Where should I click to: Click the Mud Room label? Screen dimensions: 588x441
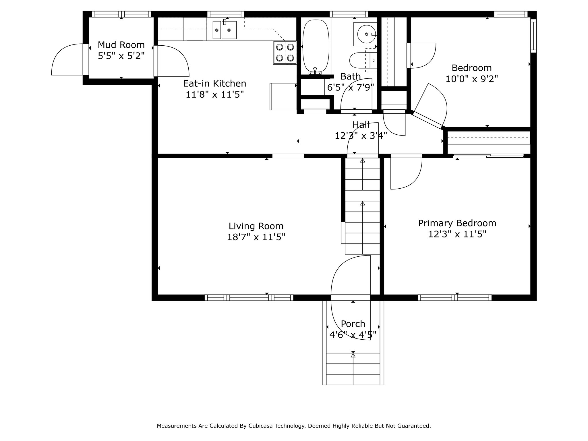pos(121,45)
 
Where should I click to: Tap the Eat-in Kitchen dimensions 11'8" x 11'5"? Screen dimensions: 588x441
pos(215,94)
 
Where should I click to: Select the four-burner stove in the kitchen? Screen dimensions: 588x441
pos(285,53)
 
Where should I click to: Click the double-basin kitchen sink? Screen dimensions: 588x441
pos(225,30)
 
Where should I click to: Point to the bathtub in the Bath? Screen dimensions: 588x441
pos(316,46)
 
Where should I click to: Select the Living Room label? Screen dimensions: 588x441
pos(256,226)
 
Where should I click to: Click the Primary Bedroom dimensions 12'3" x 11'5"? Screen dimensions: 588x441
pos(457,234)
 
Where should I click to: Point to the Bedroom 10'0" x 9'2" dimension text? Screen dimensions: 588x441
pos(472,79)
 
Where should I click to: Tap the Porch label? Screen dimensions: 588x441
pos(353,324)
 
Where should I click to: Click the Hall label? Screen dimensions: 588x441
pos(361,124)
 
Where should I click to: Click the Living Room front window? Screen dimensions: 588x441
pos(249,297)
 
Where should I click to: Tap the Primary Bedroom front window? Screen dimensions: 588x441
pos(454,297)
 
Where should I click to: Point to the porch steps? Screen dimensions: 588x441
pos(353,369)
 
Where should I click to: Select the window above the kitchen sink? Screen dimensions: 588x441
pos(225,14)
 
